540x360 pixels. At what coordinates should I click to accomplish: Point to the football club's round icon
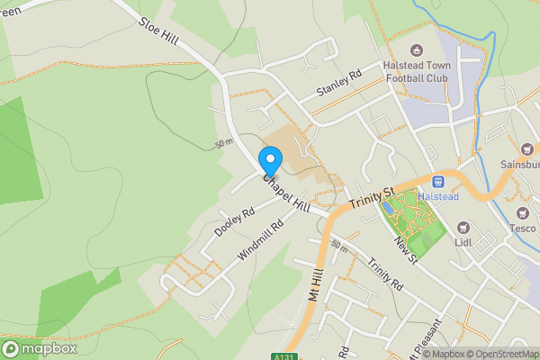click(416, 50)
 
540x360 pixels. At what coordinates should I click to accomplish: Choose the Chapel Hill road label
click(286, 193)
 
